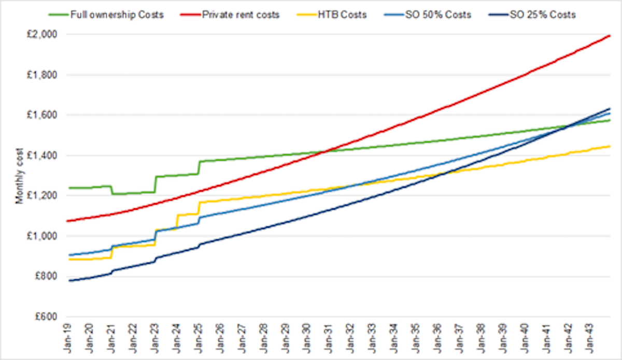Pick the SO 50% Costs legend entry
(440, 15)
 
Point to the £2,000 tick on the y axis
(45, 35)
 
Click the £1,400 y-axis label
(45, 155)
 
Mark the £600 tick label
(48, 316)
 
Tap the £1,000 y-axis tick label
(45, 236)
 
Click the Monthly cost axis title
(20, 177)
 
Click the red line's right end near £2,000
(610, 36)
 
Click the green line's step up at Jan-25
(199, 167)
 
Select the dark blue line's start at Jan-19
(69, 280)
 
